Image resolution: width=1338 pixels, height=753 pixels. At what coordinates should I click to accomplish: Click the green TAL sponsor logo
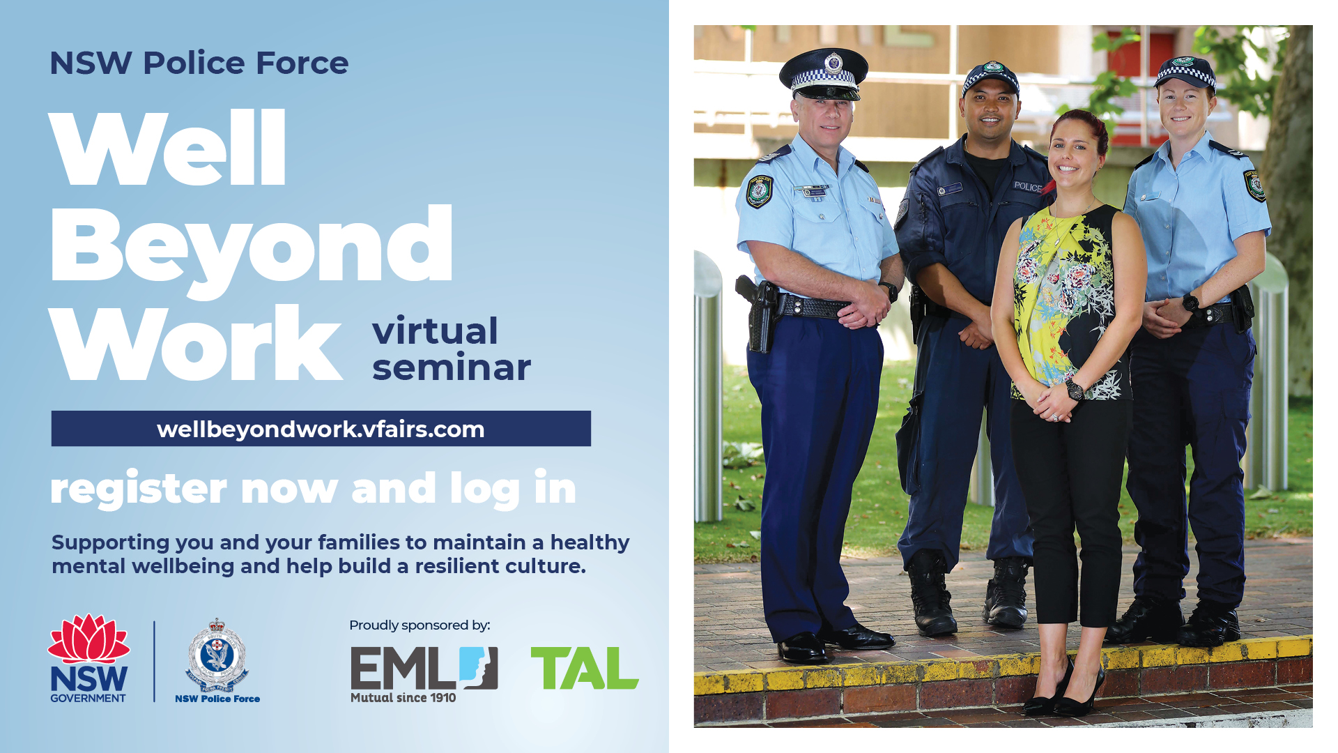point(585,668)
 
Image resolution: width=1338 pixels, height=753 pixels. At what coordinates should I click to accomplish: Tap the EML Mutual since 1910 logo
point(424,674)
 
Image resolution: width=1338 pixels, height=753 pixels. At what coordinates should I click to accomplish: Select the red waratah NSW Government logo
point(89,658)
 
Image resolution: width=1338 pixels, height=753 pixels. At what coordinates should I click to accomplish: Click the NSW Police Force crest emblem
point(217,655)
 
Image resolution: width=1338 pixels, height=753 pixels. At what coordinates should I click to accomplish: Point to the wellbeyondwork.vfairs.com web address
point(321,429)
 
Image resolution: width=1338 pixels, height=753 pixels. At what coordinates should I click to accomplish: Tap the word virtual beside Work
point(436,330)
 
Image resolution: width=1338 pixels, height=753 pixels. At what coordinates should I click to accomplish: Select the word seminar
point(452,367)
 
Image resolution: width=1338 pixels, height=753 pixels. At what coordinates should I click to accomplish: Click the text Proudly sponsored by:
point(420,625)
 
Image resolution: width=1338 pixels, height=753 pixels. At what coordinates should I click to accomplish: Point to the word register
point(139,489)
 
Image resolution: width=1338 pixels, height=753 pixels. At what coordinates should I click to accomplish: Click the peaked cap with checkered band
point(824,73)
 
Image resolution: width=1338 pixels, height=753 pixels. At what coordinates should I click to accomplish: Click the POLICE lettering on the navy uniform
point(1028,187)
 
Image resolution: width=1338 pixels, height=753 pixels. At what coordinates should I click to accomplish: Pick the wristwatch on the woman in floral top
point(1075,389)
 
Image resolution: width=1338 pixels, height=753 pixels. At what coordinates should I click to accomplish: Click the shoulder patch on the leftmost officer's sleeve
point(759,192)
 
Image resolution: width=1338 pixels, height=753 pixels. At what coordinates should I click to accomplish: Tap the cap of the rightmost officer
point(1185,73)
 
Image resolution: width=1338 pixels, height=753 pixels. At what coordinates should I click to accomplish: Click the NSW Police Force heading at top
point(199,63)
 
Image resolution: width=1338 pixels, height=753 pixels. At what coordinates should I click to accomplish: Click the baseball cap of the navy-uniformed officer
point(990,78)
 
